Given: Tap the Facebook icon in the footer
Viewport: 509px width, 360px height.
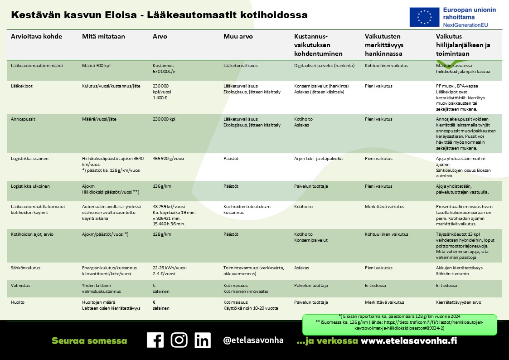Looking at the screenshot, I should pyautogui.click(x=155, y=340).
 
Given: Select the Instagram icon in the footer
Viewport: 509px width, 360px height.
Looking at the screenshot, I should pyautogui.click(x=179, y=340).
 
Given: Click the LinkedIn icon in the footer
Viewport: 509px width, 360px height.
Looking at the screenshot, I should pyautogui.click(x=203, y=340).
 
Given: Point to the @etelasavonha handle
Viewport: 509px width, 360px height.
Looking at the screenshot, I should pyautogui.click(x=253, y=341).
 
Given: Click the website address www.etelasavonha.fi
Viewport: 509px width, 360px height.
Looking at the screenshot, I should pyautogui.click(x=408, y=341).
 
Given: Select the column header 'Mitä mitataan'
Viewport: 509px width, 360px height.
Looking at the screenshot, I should pyautogui.click(x=103, y=36).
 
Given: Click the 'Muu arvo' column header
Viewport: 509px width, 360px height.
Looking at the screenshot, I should pyautogui.click(x=238, y=36).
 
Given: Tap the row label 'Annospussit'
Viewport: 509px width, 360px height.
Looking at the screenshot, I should pyautogui.click(x=23, y=119).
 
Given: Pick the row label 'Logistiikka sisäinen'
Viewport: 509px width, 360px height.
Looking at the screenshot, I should pyautogui.click(x=29, y=159).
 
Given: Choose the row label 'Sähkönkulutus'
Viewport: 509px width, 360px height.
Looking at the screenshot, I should pyautogui.click(x=25, y=268).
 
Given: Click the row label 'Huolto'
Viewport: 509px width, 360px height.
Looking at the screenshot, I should pyautogui.click(x=18, y=302).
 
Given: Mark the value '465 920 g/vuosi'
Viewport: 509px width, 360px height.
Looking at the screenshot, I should pyautogui.click(x=168, y=159).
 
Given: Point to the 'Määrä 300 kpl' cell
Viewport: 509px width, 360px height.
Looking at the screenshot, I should pyautogui.click(x=96, y=65).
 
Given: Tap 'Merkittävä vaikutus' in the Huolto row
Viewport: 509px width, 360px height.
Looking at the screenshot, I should pyautogui.click(x=384, y=302).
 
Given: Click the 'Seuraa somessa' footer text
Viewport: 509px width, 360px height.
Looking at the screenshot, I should pyautogui.click(x=89, y=341).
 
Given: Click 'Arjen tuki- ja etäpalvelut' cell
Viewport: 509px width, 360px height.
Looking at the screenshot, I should pyautogui.click(x=319, y=159).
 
